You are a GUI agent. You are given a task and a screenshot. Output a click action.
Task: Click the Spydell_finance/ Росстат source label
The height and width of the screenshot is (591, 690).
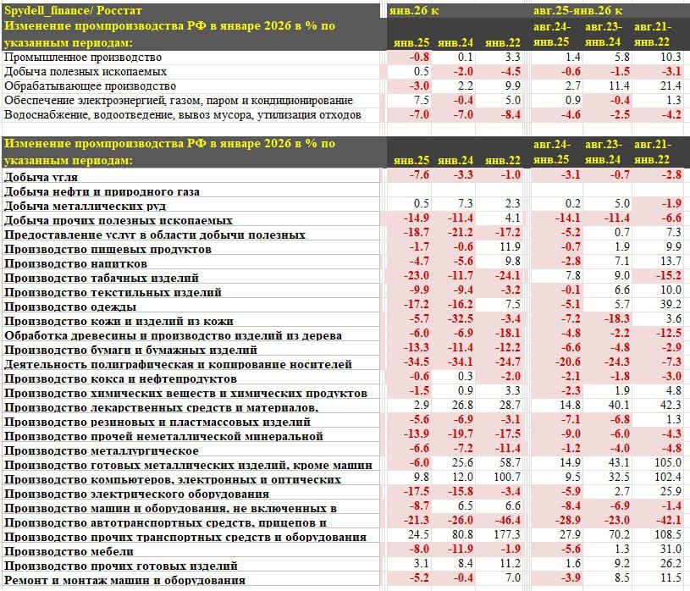coord(73,10)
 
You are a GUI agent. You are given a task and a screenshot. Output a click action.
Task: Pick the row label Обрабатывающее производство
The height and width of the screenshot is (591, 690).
coord(90,86)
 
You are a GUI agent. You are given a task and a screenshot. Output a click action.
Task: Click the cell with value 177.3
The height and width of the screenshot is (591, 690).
coord(505,537)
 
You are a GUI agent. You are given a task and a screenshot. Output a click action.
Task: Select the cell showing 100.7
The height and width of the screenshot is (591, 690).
coord(505,479)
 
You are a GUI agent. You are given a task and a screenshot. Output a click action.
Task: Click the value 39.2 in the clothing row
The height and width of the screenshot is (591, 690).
coord(668,307)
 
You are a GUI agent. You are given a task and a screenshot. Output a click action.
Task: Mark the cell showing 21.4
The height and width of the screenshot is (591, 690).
coord(668,86)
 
